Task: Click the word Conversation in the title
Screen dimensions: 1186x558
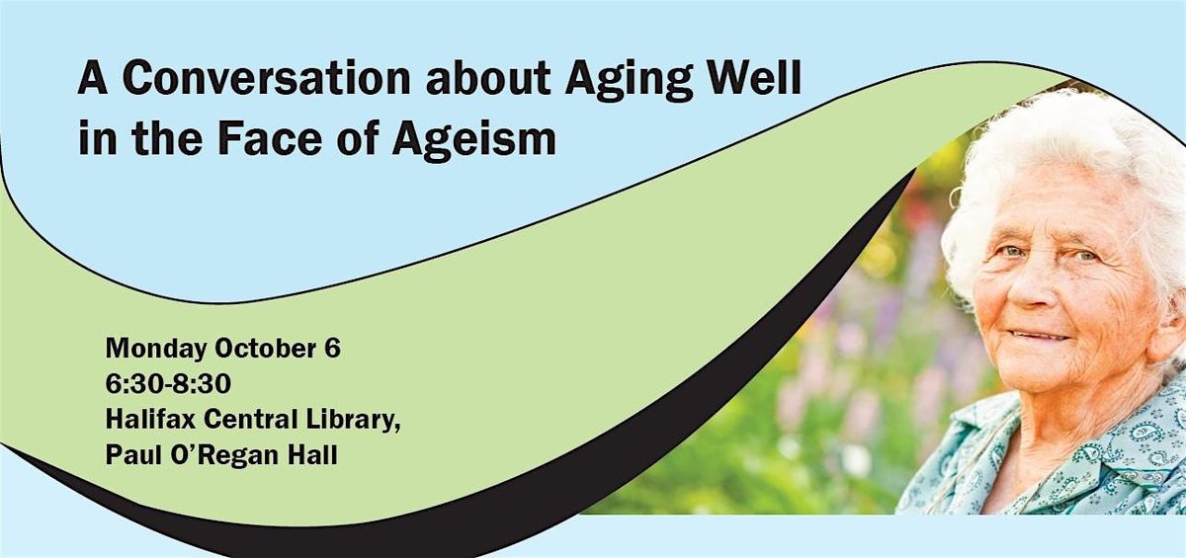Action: coord(266,78)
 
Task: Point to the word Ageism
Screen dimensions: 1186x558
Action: coord(473,139)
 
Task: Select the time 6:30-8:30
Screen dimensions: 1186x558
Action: coord(168,384)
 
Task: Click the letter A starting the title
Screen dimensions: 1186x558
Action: coord(93,78)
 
